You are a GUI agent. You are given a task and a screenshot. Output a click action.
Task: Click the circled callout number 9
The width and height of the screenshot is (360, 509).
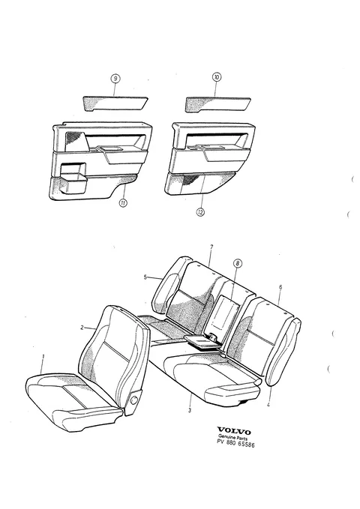[x=115, y=79]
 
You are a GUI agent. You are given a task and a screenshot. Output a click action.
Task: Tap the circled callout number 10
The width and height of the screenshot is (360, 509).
[x=217, y=77]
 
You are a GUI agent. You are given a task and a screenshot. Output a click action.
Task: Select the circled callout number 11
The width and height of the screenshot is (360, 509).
[x=123, y=203]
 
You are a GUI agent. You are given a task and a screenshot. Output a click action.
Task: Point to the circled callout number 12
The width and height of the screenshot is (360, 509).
[x=200, y=212]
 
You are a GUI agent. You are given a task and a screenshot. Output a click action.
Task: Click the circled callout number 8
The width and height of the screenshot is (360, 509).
[x=237, y=263]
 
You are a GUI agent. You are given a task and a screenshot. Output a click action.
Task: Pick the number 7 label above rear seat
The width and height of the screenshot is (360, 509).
[x=211, y=247]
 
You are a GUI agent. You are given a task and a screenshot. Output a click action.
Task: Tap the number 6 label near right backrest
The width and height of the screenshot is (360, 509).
[x=280, y=287]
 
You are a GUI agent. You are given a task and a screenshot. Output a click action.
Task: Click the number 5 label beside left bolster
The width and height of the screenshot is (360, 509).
[x=145, y=277]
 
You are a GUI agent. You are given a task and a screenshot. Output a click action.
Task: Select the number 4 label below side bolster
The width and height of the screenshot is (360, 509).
[x=268, y=405]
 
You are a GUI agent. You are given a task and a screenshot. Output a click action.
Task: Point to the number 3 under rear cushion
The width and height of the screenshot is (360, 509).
[x=190, y=410]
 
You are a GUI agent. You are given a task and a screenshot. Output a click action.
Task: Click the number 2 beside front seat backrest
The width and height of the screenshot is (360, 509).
[x=82, y=328]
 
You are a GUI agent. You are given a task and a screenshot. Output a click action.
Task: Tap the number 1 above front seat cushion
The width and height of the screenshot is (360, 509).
[x=43, y=357]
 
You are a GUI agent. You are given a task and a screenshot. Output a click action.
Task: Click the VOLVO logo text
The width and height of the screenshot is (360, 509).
[x=234, y=432]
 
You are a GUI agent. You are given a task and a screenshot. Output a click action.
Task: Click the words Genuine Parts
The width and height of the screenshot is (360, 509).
[x=232, y=437]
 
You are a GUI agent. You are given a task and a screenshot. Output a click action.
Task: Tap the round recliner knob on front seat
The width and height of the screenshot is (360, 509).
[x=133, y=400]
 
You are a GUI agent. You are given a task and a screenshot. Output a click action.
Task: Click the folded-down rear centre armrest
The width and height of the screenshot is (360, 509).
[x=202, y=341]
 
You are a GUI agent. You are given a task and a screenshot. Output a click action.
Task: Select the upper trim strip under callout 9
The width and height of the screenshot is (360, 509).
[x=115, y=103]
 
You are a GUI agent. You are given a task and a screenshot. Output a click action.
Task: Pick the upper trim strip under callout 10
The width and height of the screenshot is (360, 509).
[x=217, y=104]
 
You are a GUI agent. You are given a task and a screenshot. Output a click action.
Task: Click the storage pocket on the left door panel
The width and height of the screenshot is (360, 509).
[x=73, y=178]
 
